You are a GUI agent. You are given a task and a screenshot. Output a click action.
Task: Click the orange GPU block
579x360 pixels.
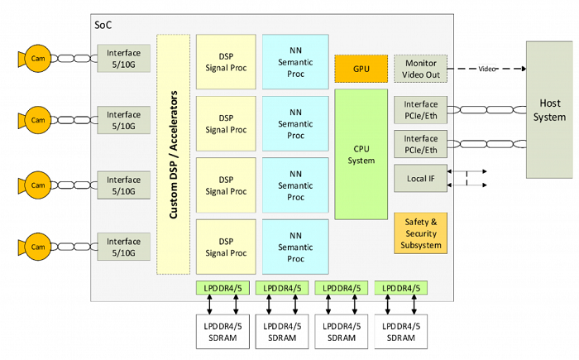pyautogui.click(x=361, y=68)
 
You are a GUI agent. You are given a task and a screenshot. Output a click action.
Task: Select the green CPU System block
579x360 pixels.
pyautogui.click(x=361, y=154)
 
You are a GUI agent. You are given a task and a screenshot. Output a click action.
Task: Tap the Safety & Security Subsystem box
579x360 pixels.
pyautogui.click(x=421, y=233)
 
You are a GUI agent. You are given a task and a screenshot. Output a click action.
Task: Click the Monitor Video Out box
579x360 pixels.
pyautogui.click(x=421, y=69)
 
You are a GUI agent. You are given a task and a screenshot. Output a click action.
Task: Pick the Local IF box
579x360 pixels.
pyautogui.click(x=421, y=176)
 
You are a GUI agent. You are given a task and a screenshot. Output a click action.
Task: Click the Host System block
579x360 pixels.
pyautogui.click(x=549, y=111)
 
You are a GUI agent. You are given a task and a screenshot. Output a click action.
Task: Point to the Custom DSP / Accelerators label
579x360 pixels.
pyautogui.click(x=174, y=155)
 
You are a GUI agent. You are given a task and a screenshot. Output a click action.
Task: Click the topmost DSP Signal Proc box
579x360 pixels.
pyautogui.click(x=226, y=60)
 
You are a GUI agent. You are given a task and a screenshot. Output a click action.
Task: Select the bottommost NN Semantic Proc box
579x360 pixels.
pyautogui.click(x=295, y=247)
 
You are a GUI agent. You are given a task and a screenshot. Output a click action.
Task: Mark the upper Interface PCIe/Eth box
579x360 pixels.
pyautogui.click(x=421, y=109)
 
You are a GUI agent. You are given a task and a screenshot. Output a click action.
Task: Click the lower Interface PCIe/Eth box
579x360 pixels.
pyautogui.click(x=421, y=143)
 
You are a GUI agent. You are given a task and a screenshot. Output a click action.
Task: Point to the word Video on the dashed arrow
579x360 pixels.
pyautogui.click(x=487, y=69)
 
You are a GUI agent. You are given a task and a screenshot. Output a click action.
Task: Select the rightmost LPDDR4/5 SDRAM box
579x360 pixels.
pyautogui.click(x=401, y=331)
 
